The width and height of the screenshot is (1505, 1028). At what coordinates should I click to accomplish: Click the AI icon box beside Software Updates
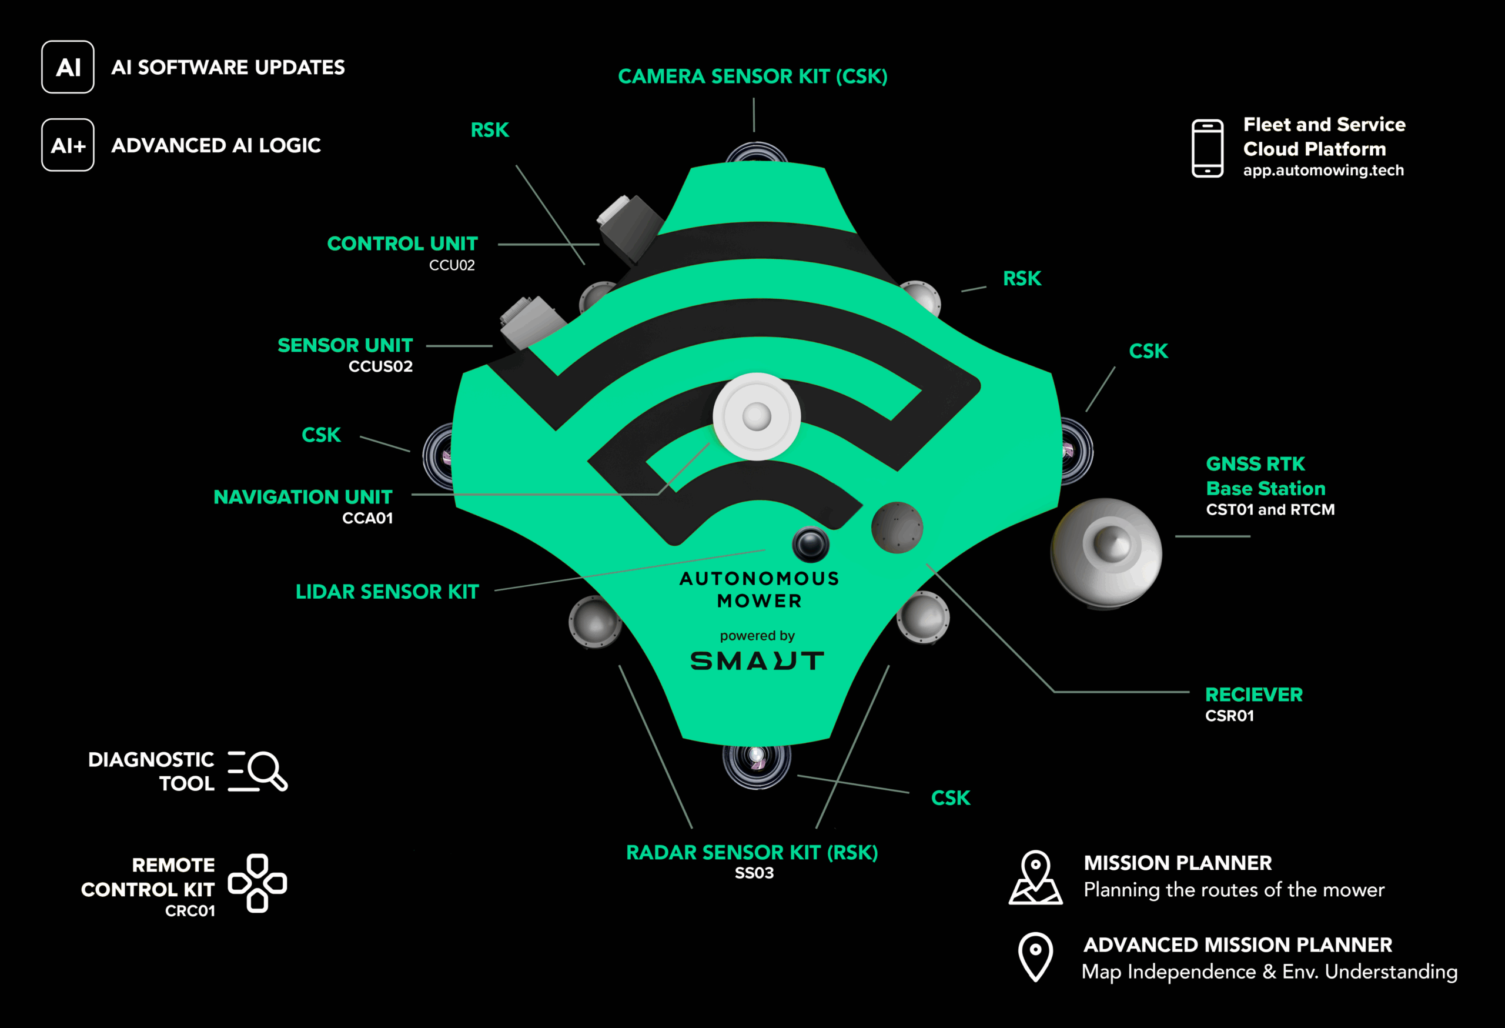[x=68, y=68]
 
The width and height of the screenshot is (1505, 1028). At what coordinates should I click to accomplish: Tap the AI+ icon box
[x=68, y=145]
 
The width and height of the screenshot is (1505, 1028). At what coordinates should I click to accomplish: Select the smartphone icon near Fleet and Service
[x=1207, y=148]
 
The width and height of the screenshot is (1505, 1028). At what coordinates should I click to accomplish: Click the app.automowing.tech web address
[x=1323, y=171]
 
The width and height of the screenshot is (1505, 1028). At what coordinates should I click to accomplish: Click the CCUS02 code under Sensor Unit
[x=380, y=366]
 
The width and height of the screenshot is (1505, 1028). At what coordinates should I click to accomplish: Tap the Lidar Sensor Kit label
[x=387, y=592]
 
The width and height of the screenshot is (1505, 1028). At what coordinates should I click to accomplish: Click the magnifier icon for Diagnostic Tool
[x=257, y=771]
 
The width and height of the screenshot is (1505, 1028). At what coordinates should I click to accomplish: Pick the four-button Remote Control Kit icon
[x=257, y=883]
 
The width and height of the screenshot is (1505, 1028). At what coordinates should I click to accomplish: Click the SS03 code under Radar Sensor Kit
[x=754, y=873]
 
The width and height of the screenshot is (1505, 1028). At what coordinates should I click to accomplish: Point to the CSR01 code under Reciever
[x=1229, y=716]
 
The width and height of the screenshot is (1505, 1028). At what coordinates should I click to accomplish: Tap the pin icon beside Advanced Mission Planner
[x=1035, y=957]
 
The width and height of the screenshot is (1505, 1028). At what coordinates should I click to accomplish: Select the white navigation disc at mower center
[x=757, y=416]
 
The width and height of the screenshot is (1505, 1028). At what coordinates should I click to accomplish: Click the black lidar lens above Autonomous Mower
[x=810, y=543]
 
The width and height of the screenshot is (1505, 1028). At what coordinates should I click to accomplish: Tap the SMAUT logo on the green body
[x=757, y=660]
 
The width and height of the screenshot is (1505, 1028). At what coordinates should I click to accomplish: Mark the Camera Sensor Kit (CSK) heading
[x=752, y=76]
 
